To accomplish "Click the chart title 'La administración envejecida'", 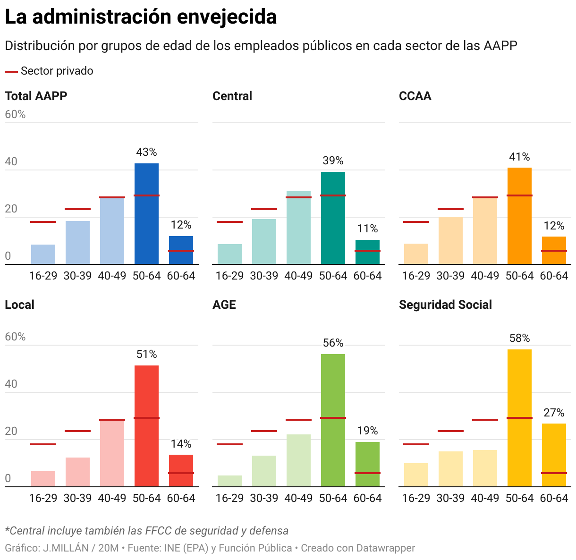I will click(x=141, y=17).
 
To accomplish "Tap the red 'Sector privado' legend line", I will click(x=11, y=71).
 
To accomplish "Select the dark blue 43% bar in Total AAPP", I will click(x=146, y=213).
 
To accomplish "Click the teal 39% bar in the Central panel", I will click(x=333, y=218).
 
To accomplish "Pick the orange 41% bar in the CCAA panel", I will click(x=519, y=216).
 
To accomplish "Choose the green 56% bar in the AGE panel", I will click(x=333, y=420).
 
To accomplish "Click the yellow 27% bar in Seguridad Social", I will click(x=554, y=455).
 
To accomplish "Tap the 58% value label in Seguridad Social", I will click(x=519, y=338).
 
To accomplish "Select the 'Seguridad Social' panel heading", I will click(x=445, y=305).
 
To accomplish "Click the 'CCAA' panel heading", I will click(x=415, y=96).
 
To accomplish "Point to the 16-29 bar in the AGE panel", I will click(x=229, y=481).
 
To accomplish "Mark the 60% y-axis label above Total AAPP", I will click(x=15, y=114).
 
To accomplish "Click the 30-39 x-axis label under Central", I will click(x=264, y=276).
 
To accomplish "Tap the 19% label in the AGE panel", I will click(x=367, y=431).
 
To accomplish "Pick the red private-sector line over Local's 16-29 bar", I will click(x=43, y=444).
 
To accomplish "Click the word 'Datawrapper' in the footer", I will click(x=385, y=548).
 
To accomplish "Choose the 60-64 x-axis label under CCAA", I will click(x=554, y=276).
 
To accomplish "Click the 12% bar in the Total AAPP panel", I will click(x=181, y=250).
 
